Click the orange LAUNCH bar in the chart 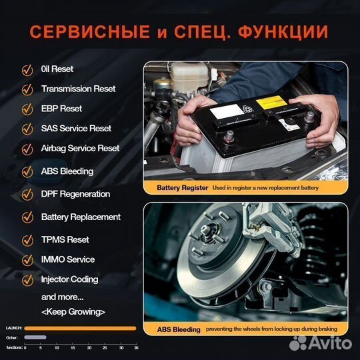[80, 328]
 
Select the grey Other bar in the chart [35, 337]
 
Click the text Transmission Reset [78, 89]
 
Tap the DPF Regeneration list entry [75, 194]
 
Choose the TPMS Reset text [65, 239]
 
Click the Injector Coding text [69, 279]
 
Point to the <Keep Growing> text [73, 311]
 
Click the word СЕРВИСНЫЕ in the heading [89, 32]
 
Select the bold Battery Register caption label [183, 189]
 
